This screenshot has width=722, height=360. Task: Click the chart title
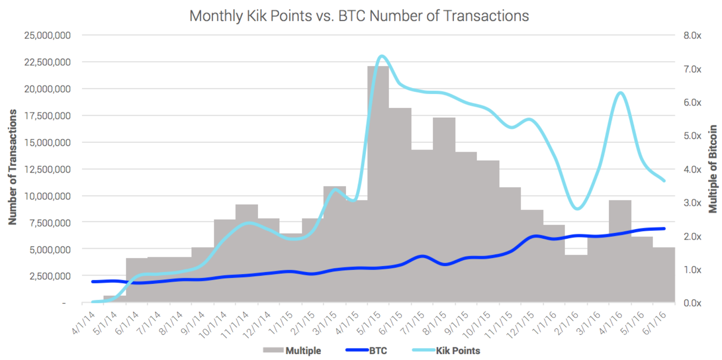(359, 16)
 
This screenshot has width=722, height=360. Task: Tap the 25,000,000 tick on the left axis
(47, 35)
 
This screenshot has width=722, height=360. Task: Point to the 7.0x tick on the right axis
(692, 69)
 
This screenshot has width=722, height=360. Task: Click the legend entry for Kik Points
(458, 351)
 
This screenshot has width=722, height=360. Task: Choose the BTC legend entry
(378, 351)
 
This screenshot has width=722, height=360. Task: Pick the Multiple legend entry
(303, 351)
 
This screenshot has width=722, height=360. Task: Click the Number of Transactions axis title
(12, 167)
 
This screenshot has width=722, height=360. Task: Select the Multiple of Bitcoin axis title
(713, 169)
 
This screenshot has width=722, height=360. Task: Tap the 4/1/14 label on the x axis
(84, 323)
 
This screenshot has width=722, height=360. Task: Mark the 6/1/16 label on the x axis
(655, 323)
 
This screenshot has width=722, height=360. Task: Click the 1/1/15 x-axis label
(282, 323)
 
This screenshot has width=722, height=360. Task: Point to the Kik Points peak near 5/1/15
(382, 56)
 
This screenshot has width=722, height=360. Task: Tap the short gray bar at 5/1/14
(115, 299)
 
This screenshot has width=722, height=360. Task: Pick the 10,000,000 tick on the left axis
(47, 196)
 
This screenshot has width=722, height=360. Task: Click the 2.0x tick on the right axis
(692, 236)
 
